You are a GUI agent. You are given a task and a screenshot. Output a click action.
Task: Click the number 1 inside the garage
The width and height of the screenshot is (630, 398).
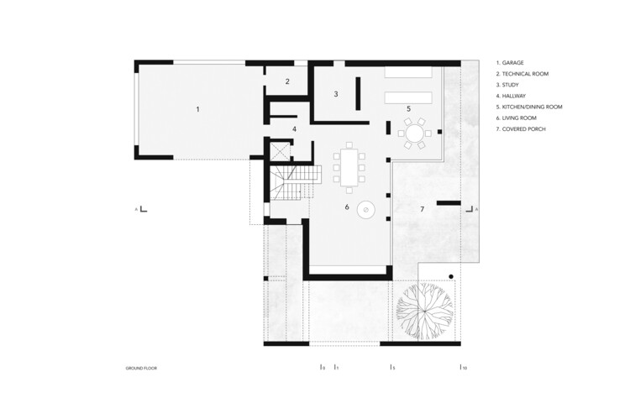198,109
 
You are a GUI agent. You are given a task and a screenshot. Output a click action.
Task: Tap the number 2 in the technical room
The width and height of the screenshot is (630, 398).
287,81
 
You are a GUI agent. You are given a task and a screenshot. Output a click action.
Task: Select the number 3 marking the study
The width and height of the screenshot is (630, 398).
335,94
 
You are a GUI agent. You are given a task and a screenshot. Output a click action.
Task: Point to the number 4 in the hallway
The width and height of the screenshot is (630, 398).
294,128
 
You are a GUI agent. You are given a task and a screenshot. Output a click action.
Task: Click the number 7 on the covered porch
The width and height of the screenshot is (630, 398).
423,207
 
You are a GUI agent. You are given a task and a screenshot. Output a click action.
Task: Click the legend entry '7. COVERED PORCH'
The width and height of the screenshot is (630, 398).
526,129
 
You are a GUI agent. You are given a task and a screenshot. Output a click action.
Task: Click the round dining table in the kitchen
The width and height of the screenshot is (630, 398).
414,133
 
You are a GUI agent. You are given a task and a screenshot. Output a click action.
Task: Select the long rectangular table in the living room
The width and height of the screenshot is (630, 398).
349,166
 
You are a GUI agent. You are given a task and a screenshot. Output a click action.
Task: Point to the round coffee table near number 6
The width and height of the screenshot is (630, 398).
366,210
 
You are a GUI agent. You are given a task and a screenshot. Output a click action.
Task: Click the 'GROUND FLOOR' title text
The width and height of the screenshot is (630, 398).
141,369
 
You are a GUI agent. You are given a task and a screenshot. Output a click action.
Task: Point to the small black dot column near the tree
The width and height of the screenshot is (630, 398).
451,276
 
